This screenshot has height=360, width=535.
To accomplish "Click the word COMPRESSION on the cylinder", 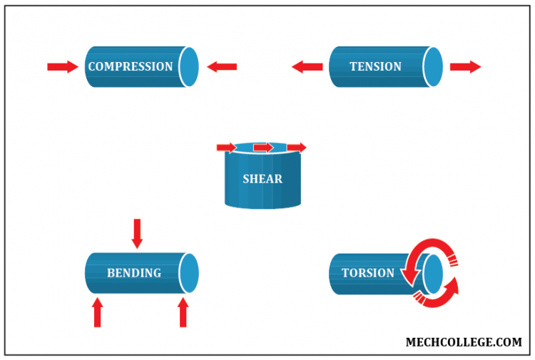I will click(x=130, y=66).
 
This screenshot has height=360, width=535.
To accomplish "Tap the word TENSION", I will click(x=375, y=66).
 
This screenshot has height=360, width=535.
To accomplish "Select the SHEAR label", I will click(x=263, y=179).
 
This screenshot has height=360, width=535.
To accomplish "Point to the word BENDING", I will click(x=134, y=273).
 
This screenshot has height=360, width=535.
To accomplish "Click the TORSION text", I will click(x=367, y=273).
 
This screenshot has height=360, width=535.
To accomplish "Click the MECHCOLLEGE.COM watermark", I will click(x=464, y=342).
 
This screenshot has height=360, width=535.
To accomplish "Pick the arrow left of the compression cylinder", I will click(x=62, y=67).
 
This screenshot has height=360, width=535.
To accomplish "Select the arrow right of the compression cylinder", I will click(x=222, y=67).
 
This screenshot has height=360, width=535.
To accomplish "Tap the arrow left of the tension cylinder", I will click(x=307, y=67).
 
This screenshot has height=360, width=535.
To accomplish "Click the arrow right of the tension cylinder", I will click(x=466, y=67).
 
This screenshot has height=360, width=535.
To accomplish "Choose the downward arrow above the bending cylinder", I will click(x=137, y=234).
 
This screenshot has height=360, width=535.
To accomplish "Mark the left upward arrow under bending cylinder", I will click(x=98, y=312).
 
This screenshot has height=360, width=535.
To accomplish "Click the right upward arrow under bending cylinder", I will click(x=183, y=312).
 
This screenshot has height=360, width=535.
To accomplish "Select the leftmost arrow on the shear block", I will click(x=226, y=148).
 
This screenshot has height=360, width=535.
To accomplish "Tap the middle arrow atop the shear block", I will click(x=263, y=148).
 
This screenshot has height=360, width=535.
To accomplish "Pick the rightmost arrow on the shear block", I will click(x=297, y=148).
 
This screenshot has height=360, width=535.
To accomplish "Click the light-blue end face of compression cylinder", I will click(x=189, y=66).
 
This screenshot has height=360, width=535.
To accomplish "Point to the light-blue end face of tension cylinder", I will click(x=433, y=66).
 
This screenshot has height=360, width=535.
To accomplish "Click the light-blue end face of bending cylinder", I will click(x=189, y=273).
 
